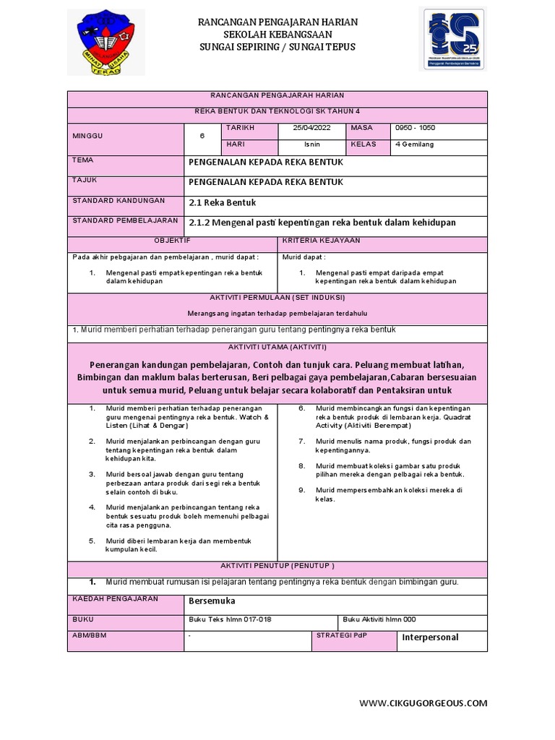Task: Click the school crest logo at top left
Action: (106, 42)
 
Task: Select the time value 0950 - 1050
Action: (416, 128)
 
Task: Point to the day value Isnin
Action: (312, 144)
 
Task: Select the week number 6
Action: (202, 136)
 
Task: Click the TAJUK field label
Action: (85, 180)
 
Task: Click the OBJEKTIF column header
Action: (172, 240)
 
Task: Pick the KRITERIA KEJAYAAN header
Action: (321, 240)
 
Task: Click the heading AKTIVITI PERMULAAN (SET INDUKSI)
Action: (277, 298)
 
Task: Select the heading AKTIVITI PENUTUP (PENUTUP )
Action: (277, 565)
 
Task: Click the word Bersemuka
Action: (212, 601)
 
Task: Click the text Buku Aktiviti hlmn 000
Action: (379, 619)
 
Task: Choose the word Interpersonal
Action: (430, 637)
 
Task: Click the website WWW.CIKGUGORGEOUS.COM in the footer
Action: (423, 702)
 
